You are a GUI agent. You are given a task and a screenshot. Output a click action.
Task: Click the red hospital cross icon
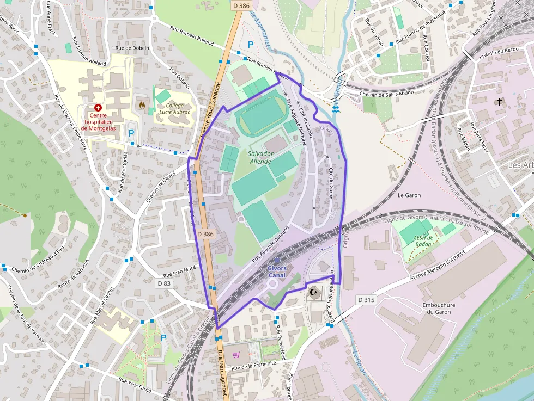98,108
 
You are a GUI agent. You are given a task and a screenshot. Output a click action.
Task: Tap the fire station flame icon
143,104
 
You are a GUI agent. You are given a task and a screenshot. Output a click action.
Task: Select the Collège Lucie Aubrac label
174,108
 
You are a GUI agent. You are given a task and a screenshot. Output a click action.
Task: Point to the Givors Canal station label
277,272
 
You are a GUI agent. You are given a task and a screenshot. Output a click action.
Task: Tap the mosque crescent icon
313,293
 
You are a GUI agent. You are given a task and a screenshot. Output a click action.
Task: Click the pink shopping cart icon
236,355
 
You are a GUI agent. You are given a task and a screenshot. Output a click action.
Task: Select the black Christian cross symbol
499,102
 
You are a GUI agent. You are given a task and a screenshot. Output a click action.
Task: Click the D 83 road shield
164,283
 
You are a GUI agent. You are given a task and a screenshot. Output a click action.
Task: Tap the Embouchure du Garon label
439,309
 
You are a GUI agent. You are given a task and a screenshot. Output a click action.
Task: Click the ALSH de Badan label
423,240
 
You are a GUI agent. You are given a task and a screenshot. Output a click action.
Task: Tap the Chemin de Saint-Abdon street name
386,93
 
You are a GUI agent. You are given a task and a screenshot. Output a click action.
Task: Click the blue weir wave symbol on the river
337,109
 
